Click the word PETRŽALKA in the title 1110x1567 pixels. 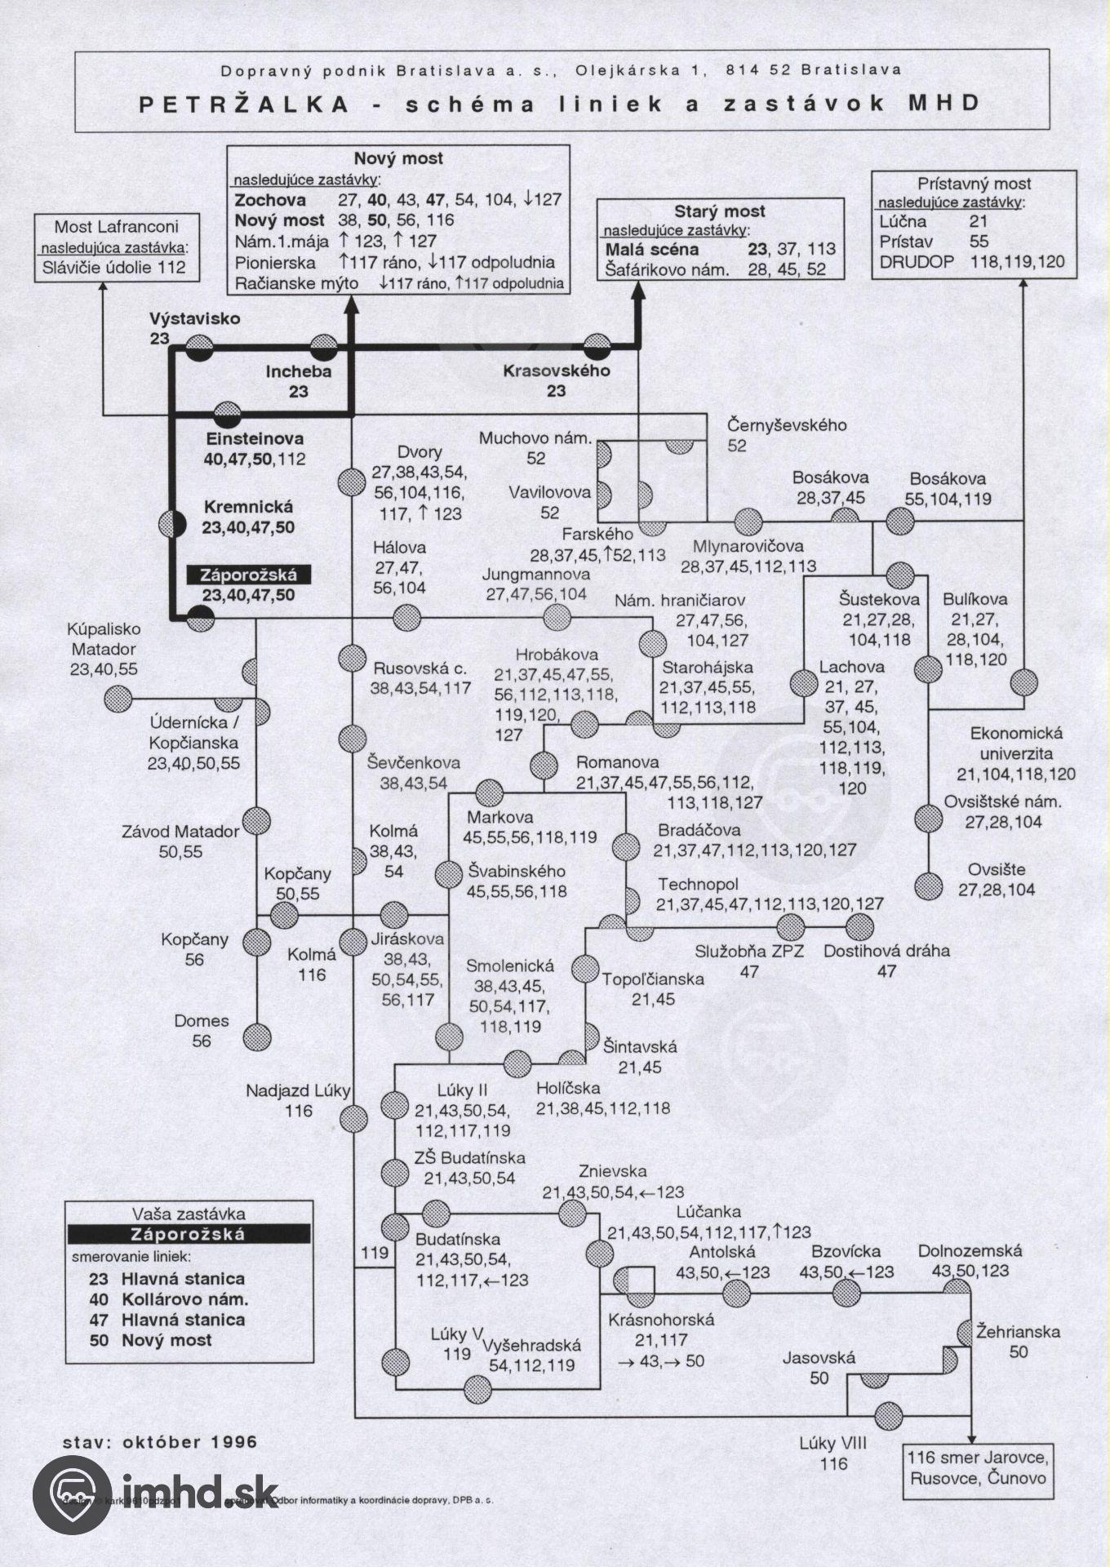(x=245, y=104)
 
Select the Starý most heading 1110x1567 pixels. (x=719, y=211)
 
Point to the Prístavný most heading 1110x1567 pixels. (x=974, y=184)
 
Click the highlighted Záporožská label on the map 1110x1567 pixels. (x=249, y=575)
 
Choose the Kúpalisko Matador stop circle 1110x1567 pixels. (x=118, y=699)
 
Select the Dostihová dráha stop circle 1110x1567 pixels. (x=859, y=927)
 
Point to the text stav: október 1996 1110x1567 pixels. (x=160, y=1442)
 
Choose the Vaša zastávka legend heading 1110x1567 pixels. (x=189, y=1214)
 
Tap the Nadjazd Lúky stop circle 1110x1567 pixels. (x=353, y=1119)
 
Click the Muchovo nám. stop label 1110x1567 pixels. (x=535, y=438)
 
